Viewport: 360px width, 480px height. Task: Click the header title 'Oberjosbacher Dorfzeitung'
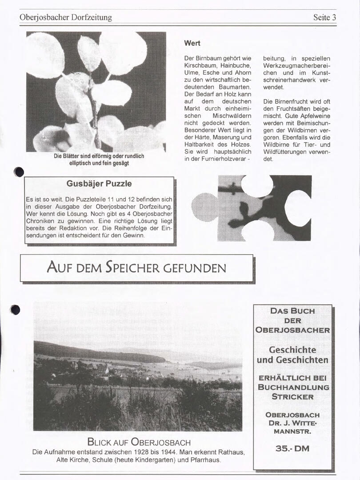[x=66, y=17]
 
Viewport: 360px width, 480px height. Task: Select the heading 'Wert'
[x=192, y=43]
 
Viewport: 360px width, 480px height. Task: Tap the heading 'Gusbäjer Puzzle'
[x=99, y=184]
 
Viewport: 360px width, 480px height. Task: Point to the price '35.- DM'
[x=292, y=448]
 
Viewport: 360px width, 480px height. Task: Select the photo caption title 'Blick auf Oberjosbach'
[x=139, y=442]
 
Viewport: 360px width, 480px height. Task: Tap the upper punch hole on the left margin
[x=19, y=172]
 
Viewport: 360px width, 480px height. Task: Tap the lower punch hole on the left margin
[x=16, y=309]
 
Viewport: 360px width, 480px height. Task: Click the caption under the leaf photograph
[x=99, y=160]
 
